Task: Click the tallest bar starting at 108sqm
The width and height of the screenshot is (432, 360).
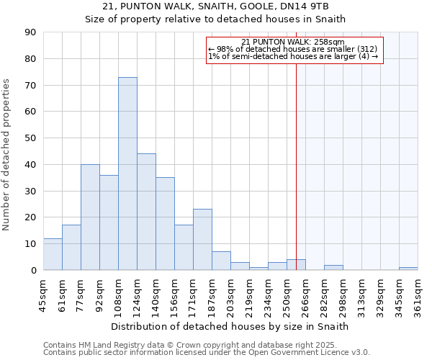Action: pos(127,174)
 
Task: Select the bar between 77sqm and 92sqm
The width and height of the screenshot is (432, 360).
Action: pos(90,217)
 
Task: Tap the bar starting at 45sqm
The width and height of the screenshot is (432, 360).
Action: pos(53,254)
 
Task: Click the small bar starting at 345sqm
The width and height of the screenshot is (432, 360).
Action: pos(408,269)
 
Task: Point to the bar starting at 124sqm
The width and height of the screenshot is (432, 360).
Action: pos(146,212)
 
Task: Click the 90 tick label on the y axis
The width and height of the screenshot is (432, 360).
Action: pos(31,32)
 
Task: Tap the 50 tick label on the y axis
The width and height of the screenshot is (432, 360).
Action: pos(31,138)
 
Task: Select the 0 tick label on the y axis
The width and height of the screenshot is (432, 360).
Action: pos(34,270)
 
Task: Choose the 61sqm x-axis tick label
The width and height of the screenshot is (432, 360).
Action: pos(63,294)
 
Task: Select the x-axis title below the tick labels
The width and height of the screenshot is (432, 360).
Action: pos(230,326)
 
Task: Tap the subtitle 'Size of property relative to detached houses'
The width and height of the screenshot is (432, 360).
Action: pos(216,19)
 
